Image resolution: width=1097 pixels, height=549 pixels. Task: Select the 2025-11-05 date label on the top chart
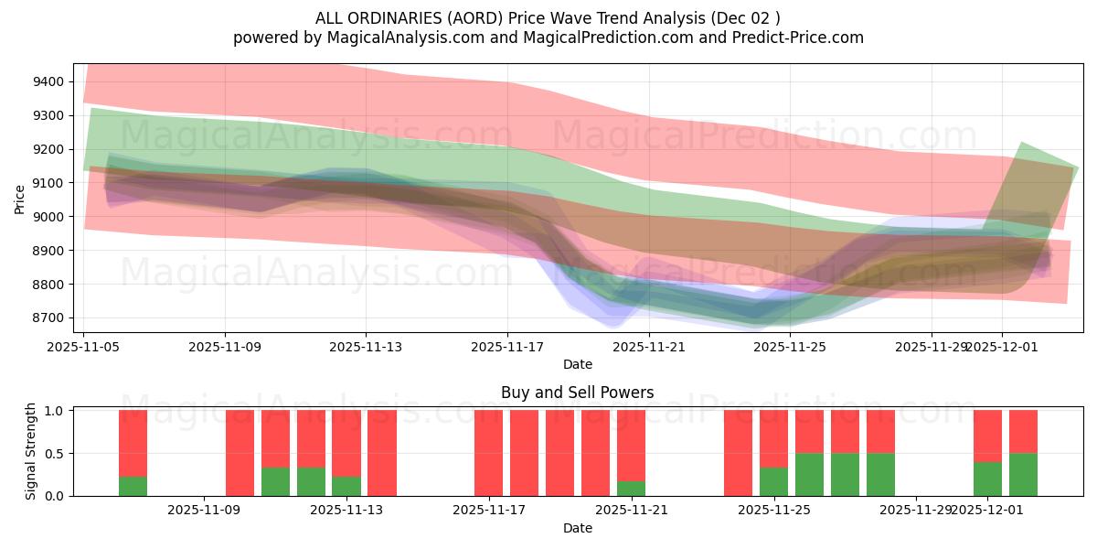(84, 347)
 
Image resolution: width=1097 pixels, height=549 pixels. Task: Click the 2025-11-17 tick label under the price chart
(507, 347)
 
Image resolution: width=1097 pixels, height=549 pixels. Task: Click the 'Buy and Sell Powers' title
(577, 393)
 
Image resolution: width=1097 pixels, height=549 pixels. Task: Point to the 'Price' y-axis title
(20, 199)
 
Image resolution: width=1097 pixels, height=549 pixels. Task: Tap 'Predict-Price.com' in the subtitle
(800, 38)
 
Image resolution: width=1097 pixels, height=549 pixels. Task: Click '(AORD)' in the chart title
(474, 18)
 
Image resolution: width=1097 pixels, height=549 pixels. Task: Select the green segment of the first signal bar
(133, 486)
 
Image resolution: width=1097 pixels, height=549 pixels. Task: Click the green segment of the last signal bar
(1023, 474)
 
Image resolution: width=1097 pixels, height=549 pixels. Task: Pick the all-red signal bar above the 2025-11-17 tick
(489, 453)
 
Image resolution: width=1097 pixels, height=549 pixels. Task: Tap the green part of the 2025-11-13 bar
(346, 486)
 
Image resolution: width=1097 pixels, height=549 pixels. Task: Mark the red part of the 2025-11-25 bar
(774, 438)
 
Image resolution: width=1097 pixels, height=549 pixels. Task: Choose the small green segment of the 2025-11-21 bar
(632, 489)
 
